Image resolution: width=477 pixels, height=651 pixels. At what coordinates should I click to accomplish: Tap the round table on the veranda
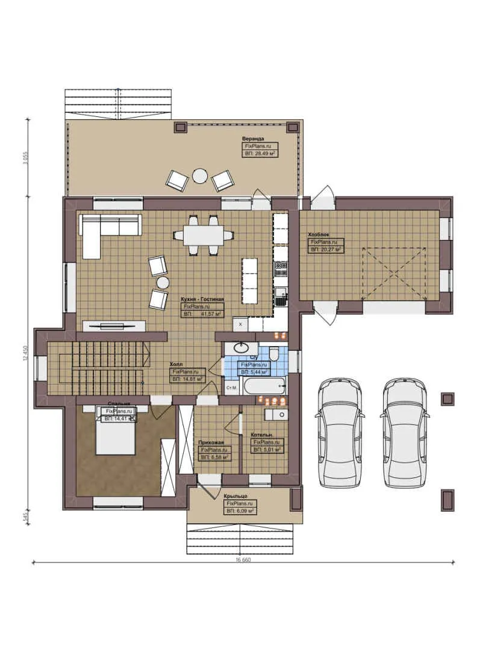click(x=199, y=175)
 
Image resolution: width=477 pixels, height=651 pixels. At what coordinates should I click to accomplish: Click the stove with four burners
click(x=281, y=268)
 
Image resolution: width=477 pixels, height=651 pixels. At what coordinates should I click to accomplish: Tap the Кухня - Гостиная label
click(x=202, y=299)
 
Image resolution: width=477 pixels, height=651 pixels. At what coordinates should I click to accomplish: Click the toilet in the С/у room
click(x=274, y=354)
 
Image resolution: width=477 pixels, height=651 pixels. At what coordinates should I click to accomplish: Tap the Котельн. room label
click(x=263, y=434)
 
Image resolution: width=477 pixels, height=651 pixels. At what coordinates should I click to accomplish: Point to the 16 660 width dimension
click(x=243, y=560)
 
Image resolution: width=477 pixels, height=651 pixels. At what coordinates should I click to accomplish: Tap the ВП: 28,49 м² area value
click(x=260, y=154)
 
